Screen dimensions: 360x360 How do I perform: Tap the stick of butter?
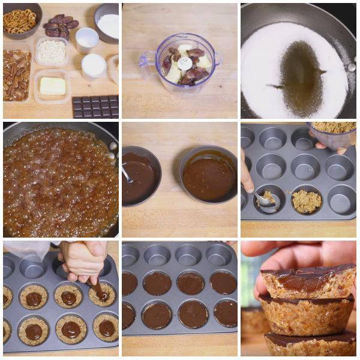tap(52, 86)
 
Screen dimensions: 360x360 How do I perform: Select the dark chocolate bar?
tap(95, 107)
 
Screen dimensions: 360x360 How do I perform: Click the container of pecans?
tap(16, 74)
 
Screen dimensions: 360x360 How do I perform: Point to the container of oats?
tap(51, 52)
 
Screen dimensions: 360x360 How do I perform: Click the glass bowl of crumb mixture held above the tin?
tap(333, 134)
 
